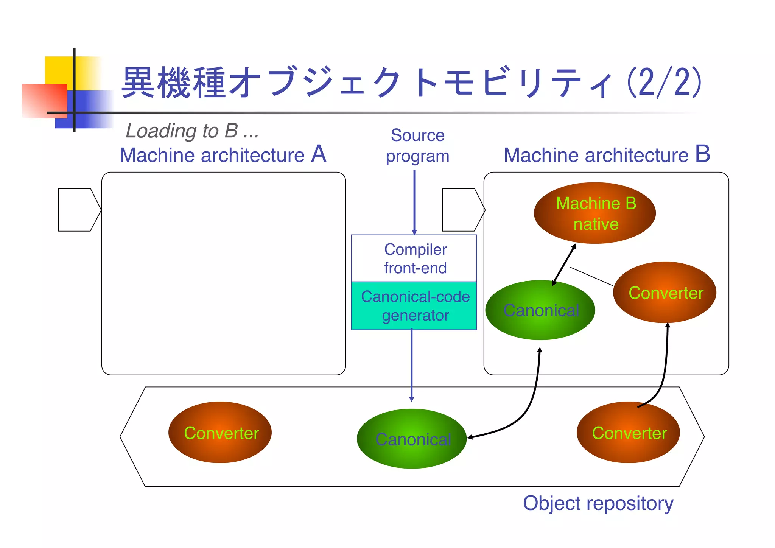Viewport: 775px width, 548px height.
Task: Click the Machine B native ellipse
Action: [x=594, y=213]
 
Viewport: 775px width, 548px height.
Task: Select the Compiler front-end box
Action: [x=414, y=258]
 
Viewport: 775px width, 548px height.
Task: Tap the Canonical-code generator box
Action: [x=414, y=306]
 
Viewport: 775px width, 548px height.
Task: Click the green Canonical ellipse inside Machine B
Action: [x=540, y=310]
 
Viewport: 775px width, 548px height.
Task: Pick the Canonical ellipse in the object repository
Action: [x=412, y=439]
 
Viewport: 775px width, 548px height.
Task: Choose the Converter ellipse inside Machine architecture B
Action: [x=665, y=293]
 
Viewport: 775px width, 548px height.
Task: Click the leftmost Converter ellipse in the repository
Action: [x=220, y=433]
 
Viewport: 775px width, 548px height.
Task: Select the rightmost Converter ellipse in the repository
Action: [x=628, y=433]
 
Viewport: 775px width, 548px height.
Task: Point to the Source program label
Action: [x=417, y=146]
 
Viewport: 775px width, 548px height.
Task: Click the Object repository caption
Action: [x=598, y=503]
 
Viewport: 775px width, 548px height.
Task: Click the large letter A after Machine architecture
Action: [x=319, y=154]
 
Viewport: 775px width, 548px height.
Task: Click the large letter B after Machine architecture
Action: [x=702, y=154]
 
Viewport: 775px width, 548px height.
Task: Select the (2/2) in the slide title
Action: [x=665, y=82]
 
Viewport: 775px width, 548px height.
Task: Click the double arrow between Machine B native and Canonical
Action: [x=564, y=265]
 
